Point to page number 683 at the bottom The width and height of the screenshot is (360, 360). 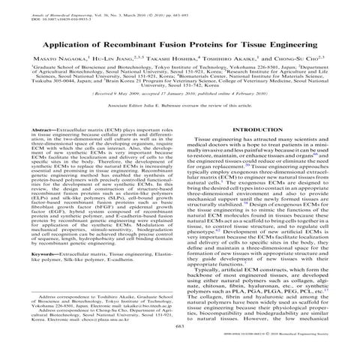[180, 347]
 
